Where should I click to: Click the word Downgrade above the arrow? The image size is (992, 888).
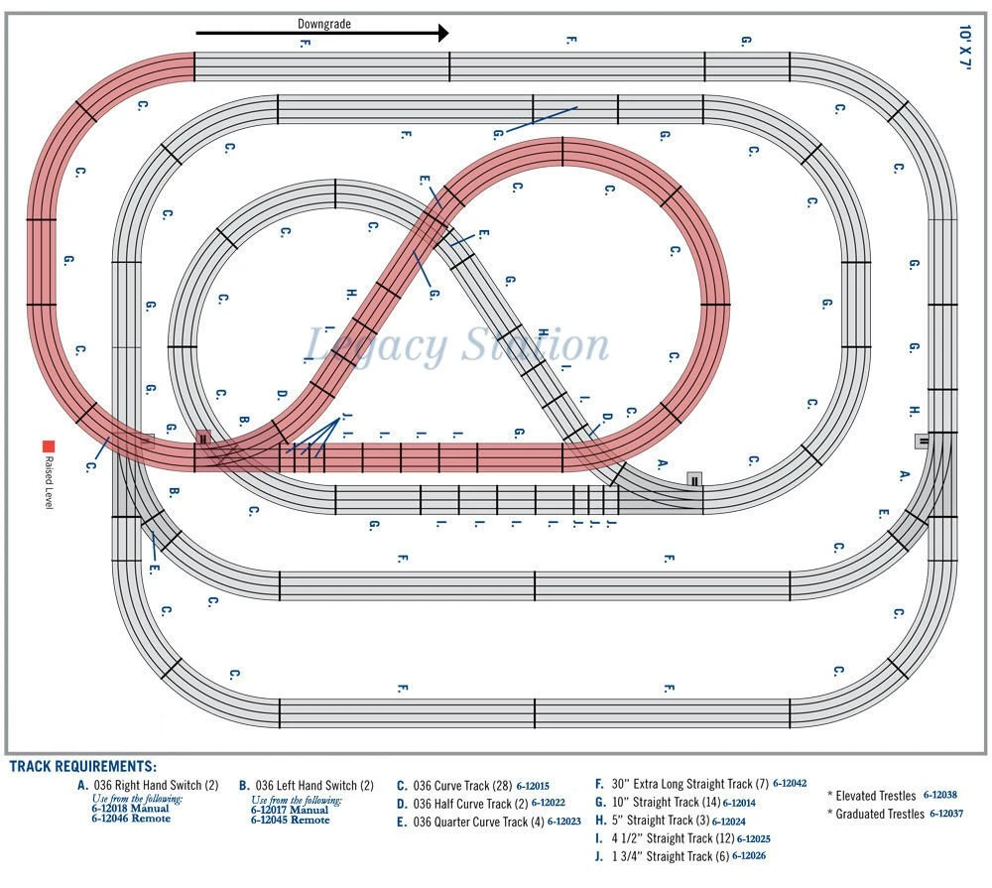coord(324,23)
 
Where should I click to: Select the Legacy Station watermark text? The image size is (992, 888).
coord(455,345)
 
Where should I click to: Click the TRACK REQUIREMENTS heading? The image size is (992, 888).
coord(82,767)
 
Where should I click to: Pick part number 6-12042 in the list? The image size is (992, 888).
coord(790,784)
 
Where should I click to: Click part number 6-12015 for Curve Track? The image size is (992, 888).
coord(533,785)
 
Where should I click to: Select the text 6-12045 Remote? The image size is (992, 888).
coord(290,820)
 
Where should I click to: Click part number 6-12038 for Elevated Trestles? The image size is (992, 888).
coord(940,795)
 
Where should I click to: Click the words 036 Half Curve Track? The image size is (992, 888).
coord(468,803)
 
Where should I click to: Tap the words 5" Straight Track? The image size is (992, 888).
coord(658,821)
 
